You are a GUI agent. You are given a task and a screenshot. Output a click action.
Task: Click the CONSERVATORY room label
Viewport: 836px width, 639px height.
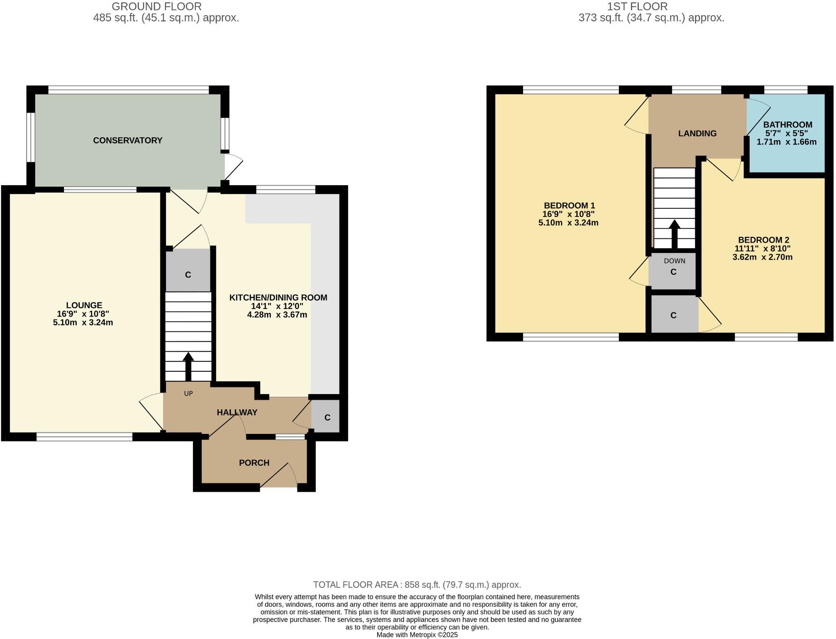tap(128, 141)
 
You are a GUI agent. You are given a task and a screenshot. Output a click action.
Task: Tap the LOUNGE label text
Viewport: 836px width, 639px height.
tap(84, 305)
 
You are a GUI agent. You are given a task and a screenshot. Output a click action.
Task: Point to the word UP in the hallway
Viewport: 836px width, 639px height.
tap(188, 394)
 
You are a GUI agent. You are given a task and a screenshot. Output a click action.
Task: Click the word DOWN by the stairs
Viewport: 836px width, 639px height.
tap(674, 261)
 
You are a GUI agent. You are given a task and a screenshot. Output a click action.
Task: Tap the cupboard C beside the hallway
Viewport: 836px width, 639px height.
tap(327, 417)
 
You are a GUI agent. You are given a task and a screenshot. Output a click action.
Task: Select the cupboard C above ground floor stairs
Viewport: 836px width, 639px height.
tap(188, 275)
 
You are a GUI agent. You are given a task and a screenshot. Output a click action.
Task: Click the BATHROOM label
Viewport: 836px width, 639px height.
tap(788, 125)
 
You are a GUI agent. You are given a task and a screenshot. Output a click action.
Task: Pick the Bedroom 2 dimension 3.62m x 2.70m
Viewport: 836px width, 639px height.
tap(763, 257)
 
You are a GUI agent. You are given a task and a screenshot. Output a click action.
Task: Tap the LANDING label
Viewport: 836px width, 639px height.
tap(697, 133)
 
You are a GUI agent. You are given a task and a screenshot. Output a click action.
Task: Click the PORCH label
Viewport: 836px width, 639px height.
tap(254, 463)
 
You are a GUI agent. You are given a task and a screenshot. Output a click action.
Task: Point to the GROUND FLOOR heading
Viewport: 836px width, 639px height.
tap(156, 7)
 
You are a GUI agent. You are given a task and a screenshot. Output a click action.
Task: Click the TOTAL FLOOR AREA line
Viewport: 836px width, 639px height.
tap(417, 585)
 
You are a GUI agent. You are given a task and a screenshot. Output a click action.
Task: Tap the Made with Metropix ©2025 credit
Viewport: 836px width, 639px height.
tap(417, 635)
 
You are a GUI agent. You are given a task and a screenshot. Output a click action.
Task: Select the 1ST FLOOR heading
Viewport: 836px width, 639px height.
tap(637, 7)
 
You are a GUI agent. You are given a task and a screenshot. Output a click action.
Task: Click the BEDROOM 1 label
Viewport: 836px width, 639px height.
tap(569, 206)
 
